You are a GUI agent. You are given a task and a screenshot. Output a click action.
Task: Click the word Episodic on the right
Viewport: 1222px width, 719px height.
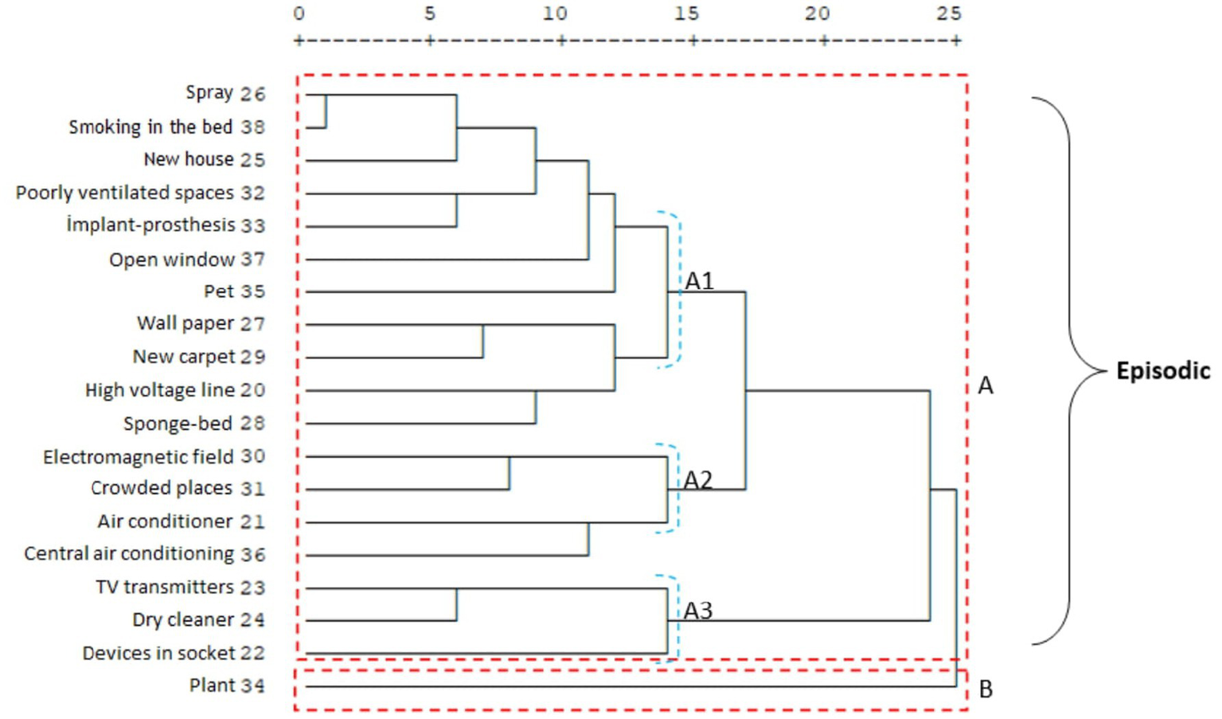[1162, 371]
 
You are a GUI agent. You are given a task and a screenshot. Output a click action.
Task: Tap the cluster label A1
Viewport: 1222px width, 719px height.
[699, 280]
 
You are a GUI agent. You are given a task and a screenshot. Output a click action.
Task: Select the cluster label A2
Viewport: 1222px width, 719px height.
[698, 479]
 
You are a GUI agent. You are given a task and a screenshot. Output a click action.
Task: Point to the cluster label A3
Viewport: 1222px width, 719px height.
[698, 610]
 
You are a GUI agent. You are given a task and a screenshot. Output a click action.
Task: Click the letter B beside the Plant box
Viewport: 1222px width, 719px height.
[986, 689]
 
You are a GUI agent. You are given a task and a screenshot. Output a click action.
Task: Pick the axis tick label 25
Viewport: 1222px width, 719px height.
[948, 14]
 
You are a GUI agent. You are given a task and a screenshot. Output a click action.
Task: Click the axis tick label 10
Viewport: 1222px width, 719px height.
[555, 14]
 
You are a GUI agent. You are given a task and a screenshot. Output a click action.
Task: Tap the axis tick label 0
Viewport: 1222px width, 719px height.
[299, 14]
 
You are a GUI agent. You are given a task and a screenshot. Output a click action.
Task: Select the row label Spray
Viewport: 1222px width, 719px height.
[209, 92]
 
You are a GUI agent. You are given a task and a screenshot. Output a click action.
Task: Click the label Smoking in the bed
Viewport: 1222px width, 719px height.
[150, 127]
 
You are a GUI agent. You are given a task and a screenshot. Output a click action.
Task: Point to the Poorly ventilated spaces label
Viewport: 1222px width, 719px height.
[124, 193]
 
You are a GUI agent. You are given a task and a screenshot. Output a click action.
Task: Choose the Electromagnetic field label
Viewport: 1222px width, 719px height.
[138, 456]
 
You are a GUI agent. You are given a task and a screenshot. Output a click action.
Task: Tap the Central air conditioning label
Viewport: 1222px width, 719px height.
[129, 553]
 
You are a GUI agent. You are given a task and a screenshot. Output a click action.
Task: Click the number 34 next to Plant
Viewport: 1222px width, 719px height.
[252, 686]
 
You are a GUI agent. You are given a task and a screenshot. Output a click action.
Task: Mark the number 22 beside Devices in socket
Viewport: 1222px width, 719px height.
[252, 653]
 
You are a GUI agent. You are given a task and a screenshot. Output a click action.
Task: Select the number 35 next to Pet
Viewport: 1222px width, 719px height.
[252, 291]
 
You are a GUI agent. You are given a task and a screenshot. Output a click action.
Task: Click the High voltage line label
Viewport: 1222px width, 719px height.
[160, 390]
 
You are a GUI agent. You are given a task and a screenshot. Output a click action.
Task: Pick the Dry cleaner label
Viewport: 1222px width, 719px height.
[183, 619]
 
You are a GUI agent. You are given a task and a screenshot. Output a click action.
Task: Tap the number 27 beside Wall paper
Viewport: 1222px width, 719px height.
[252, 324]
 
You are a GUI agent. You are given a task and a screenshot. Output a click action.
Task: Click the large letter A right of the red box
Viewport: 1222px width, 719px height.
[986, 385]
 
